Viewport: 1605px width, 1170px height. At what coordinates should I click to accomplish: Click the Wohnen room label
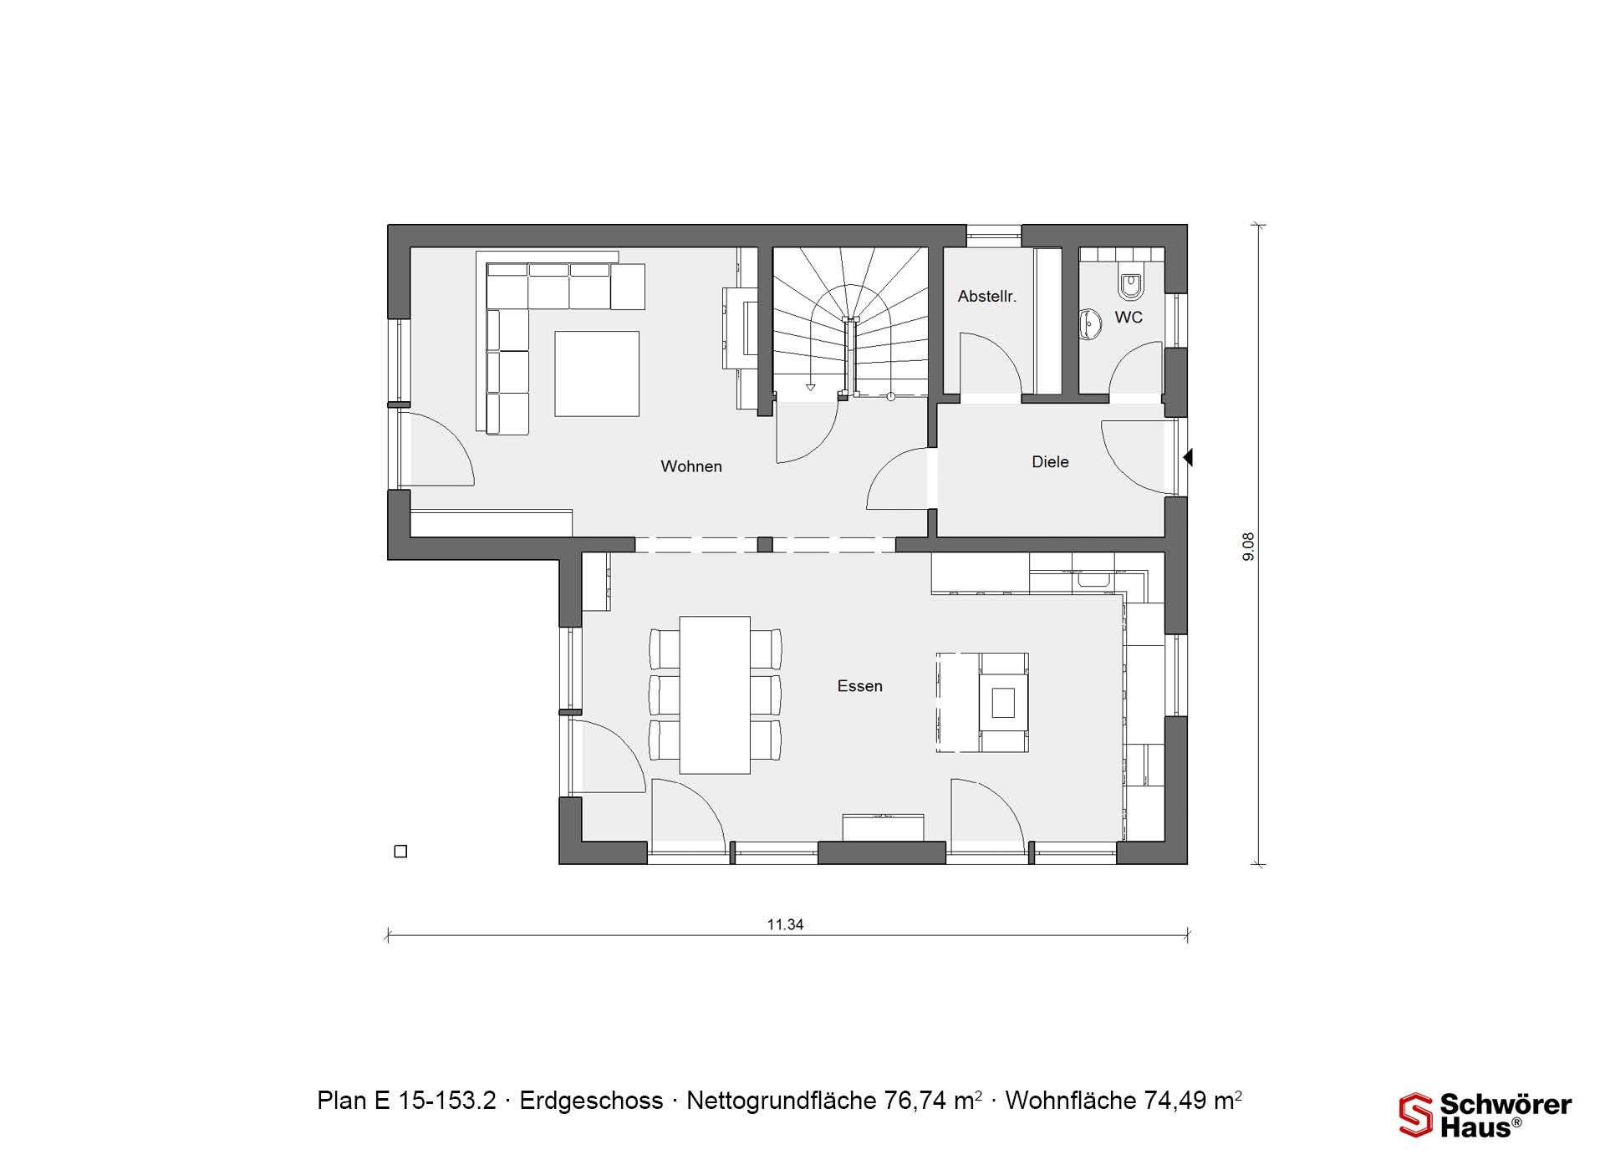tap(690, 466)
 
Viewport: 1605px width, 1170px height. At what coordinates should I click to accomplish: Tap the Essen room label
tap(860, 686)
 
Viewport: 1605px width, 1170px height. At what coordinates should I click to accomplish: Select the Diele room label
tap(1050, 462)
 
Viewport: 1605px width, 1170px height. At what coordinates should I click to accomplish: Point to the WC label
tap(1129, 318)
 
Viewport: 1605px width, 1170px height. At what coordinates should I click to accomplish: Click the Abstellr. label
tap(987, 297)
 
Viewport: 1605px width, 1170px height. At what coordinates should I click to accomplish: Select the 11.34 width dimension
tap(785, 924)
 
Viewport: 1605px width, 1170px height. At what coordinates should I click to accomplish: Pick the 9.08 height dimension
tap(1249, 547)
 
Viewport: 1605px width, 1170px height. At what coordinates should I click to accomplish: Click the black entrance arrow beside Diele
tap(1188, 458)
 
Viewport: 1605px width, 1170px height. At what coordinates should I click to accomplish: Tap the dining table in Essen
tap(715, 695)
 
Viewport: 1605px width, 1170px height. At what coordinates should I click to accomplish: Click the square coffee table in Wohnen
tap(597, 374)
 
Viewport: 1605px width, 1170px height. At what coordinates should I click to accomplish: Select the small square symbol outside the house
tap(400, 852)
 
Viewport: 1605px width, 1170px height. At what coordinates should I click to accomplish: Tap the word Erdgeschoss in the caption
tap(591, 1101)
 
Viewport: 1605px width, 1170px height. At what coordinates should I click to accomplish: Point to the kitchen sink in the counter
tap(1092, 578)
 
